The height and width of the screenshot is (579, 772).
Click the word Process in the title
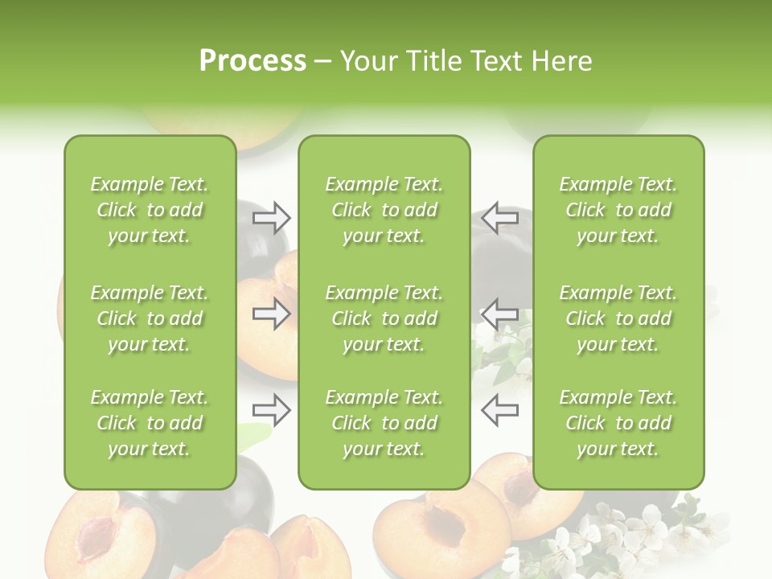pos(253,61)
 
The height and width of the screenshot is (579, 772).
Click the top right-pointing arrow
pos(271,217)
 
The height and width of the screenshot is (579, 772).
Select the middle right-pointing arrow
pos(271,314)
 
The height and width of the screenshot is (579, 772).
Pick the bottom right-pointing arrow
pos(271,410)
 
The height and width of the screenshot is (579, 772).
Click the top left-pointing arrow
pos(499,217)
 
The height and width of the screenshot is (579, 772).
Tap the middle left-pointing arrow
pos(499,314)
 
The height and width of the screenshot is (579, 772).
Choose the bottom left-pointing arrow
pos(499,410)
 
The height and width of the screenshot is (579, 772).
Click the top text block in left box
pos(150,210)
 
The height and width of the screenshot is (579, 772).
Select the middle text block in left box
pos(150,318)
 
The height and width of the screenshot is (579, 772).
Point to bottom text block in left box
pos(150,423)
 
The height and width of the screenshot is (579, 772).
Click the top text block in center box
pos(384,210)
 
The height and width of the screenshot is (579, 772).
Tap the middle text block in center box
pos(384,318)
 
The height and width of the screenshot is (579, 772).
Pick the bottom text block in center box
pos(384,423)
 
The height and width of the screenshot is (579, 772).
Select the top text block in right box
pos(618,210)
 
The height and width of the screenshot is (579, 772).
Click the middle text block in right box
pos(618,318)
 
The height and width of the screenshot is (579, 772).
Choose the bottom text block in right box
pos(618,423)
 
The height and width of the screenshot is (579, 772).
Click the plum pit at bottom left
pos(96,539)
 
